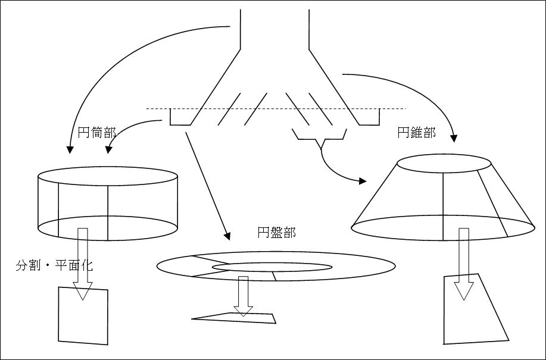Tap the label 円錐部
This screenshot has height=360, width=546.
click(416, 133)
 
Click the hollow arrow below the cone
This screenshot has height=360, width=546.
click(464, 262)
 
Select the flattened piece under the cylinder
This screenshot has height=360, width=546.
click(83, 316)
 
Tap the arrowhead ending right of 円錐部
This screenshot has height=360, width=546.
click(454, 138)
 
